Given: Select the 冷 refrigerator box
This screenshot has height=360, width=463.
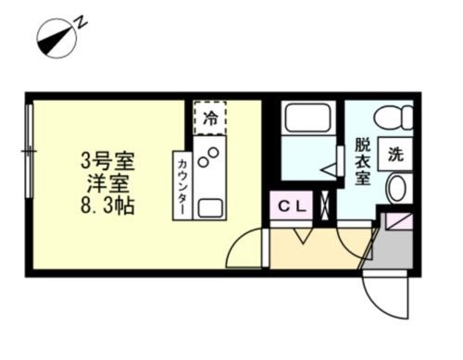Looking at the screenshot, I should click(211, 118).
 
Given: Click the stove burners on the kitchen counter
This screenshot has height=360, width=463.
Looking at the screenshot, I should click(210, 159).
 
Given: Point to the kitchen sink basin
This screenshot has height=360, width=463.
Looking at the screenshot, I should click(210, 205).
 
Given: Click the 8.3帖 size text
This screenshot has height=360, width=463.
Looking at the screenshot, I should click(107, 205).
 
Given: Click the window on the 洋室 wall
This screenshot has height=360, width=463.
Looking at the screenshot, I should click(31, 148).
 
